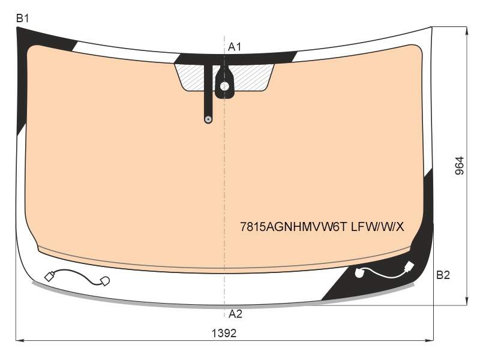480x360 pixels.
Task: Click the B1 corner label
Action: point(22,19)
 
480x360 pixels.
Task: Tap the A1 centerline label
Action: point(235,47)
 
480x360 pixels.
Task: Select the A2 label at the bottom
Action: point(235,314)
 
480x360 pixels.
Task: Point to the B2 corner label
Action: point(443,275)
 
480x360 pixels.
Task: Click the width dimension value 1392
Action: point(224,333)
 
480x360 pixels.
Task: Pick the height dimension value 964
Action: point(460,166)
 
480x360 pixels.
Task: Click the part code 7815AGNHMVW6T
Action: point(293,227)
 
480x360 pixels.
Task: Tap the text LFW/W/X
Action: point(377,227)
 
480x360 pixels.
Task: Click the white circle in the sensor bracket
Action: point(224,86)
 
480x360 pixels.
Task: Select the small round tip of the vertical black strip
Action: point(208,119)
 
